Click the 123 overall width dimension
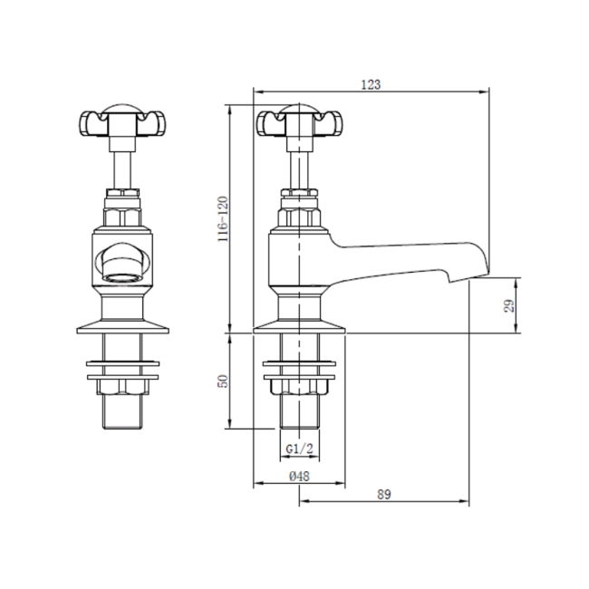pos(370,84)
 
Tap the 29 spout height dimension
pos(509,304)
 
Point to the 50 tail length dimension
pos(222,381)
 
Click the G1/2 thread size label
pos(299,449)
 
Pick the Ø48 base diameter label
pos(299,477)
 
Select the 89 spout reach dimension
pos(382,494)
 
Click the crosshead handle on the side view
pos(299,121)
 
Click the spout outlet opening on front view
pos(121,263)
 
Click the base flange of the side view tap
pos(299,323)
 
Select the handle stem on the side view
pos(299,163)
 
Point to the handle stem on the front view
pos(121,163)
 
